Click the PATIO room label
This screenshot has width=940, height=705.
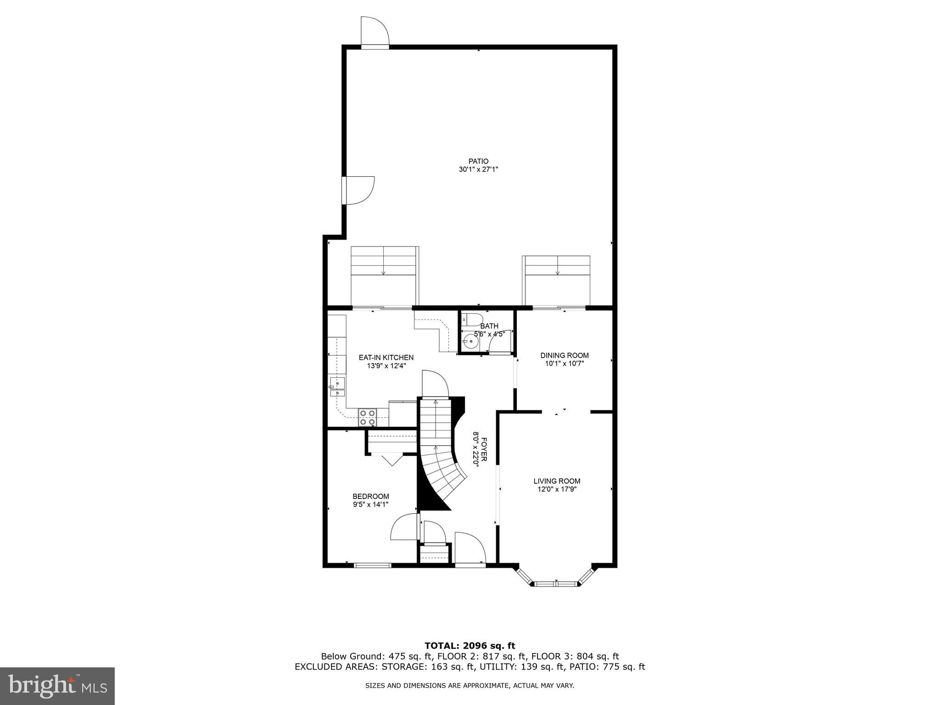tap(478, 161)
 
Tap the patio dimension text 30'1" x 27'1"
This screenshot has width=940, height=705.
tap(478, 169)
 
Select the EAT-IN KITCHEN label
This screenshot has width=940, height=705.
tap(386, 358)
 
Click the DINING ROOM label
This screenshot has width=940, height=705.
tap(564, 355)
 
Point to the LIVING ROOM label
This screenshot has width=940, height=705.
tap(557, 481)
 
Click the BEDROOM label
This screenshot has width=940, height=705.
tap(370, 496)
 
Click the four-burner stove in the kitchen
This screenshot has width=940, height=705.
tap(367, 417)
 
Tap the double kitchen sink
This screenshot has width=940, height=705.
tap(337, 387)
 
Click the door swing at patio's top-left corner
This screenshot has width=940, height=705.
tap(375, 32)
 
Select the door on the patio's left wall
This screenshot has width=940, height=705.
tap(359, 190)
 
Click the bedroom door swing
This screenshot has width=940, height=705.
tap(404, 527)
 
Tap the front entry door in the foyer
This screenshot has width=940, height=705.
tap(470, 548)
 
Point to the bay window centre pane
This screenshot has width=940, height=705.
tap(556, 584)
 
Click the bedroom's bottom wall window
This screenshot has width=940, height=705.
tap(373, 565)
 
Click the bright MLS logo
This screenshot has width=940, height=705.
tap(57, 685)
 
